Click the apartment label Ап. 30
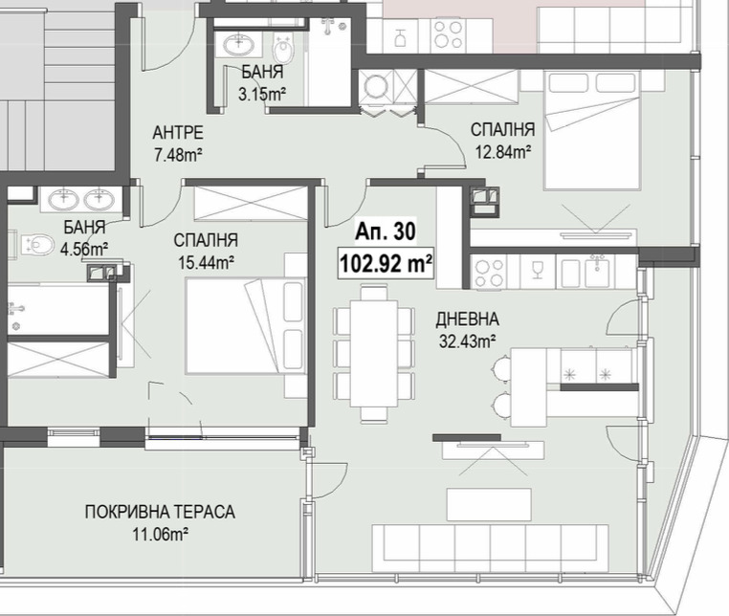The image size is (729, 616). click(x=386, y=231)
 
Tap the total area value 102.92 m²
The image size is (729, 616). click(x=387, y=264)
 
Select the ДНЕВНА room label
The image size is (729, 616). click(x=467, y=319)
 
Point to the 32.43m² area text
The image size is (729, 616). click(x=467, y=341)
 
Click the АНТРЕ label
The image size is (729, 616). click(x=178, y=133)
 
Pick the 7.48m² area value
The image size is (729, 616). click(x=178, y=155)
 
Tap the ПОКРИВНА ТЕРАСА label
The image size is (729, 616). click(x=160, y=512)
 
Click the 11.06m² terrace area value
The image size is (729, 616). click(x=160, y=534)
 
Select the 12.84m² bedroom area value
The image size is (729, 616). click(x=503, y=151)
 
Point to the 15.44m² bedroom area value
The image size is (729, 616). click(x=206, y=263)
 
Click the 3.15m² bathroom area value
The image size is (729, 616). click(x=262, y=95)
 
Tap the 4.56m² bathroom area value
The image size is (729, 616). click(x=84, y=250)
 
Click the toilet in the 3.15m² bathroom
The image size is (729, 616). click(x=283, y=48)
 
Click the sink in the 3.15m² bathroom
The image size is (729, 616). click(x=239, y=44)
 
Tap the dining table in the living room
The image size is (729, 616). click(x=374, y=353)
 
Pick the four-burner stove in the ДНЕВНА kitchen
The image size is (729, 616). click(x=490, y=273)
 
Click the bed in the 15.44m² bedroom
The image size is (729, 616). click(x=246, y=325)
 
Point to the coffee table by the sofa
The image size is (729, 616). click(x=489, y=504)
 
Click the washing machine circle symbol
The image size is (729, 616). click(x=376, y=86)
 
